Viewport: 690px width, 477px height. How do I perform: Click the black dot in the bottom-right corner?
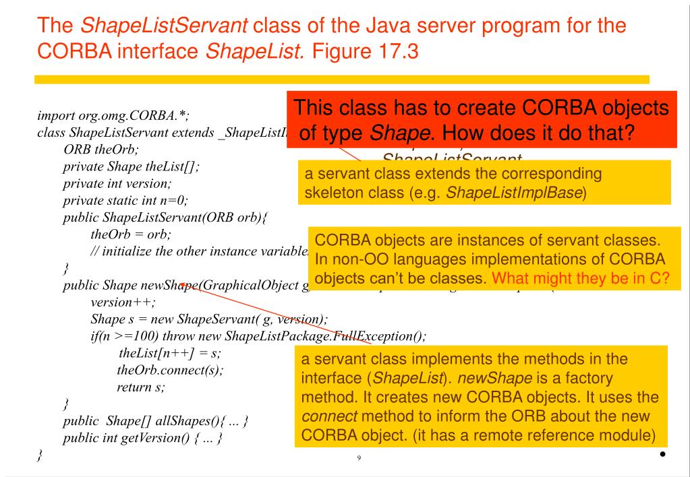point(663,453)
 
